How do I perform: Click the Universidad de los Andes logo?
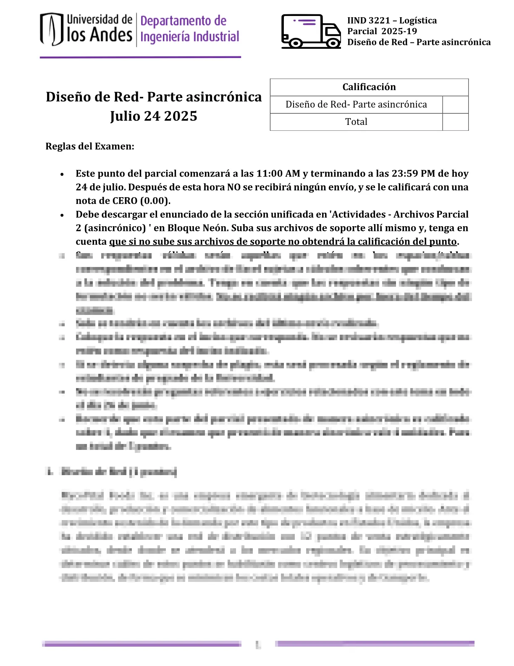[86, 29]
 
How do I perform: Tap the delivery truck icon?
[311, 31]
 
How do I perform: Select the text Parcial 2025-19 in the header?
[382, 32]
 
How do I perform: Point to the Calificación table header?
[369, 87]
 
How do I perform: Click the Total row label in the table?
[356, 122]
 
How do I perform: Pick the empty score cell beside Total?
[455, 122]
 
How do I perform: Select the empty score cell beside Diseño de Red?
[455, 105]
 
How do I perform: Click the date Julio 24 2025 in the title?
[154, 116]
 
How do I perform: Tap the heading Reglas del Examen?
[90, 146]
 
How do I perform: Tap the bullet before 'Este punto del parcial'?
[62, 174]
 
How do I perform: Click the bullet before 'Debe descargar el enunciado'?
[62, 215]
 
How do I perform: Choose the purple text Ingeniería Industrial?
[189, 37]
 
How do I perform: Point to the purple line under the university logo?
[140, 57]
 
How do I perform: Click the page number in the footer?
[258, 644]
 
